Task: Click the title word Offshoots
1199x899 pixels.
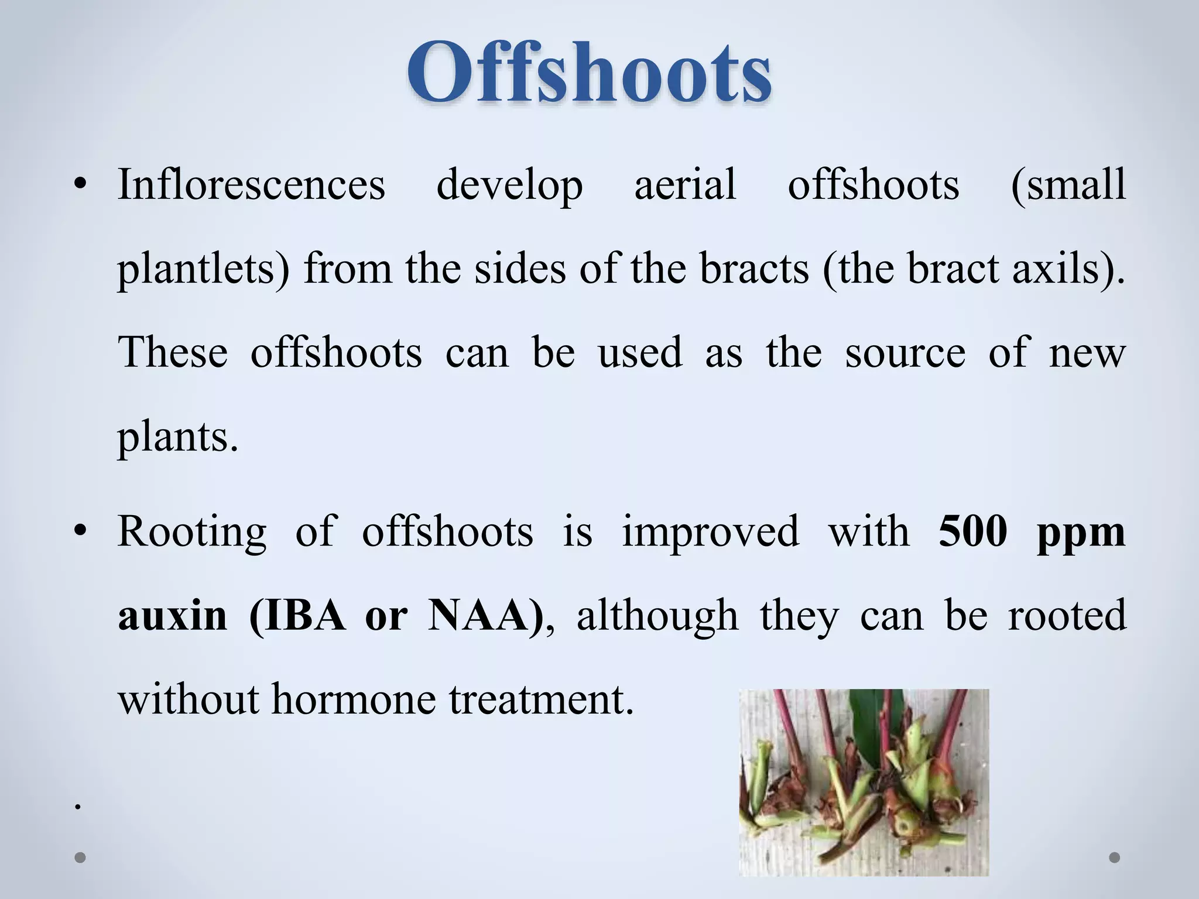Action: (x=589, y=73)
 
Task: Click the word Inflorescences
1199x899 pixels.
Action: (x=252, y=184)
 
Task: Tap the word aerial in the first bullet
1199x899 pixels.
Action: (x=685, y=184)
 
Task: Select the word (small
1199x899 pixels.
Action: (x=1068, y=184)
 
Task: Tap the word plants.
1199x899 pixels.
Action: (x=178, y=438)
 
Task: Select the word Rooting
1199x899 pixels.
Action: (x=192, y=531)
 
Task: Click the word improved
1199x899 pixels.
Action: (x=710, y=531)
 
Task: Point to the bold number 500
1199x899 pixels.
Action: (x=972, y=531)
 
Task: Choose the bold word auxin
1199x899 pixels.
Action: (x=172, y=616)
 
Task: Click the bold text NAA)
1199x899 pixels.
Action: (x=486, y=616)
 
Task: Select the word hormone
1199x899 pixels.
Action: (x=354, y=699)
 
